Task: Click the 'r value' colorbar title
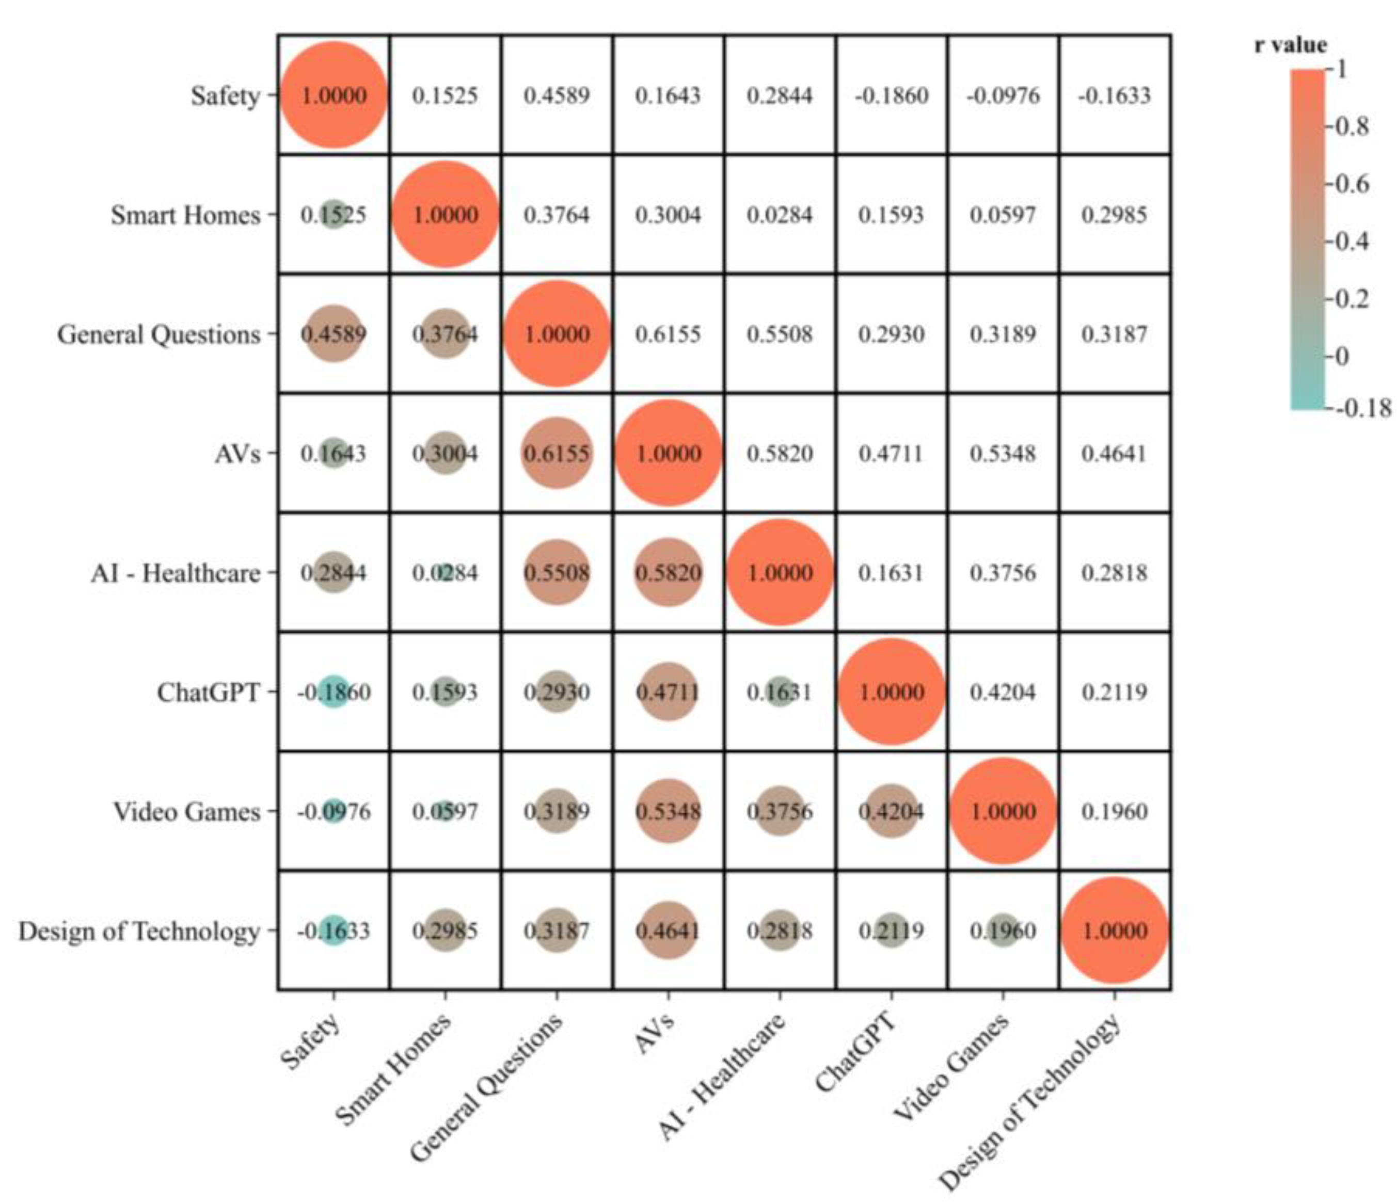tap(1290, 45)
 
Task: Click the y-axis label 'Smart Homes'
tap(185, 215)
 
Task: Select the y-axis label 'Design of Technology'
tap(139, 931)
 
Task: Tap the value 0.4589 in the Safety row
tap(556, 95)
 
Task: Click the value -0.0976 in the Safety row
tap(1003, 95)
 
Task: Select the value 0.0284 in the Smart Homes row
tap(780, 215)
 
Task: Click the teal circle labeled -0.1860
tap(334, 692)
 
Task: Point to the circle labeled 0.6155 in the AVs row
tap(556, 453)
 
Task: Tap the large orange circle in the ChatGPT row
tap(892, 692)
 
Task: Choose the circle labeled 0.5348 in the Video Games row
tap(668, 811)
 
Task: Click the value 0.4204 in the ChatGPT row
tap(1003, 692)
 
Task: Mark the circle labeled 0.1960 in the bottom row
tap(1003, 931)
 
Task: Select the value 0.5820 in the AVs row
tap(780, 453)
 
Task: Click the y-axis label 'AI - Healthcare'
tap(176, 573)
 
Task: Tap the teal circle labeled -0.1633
tap(334, 931)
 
